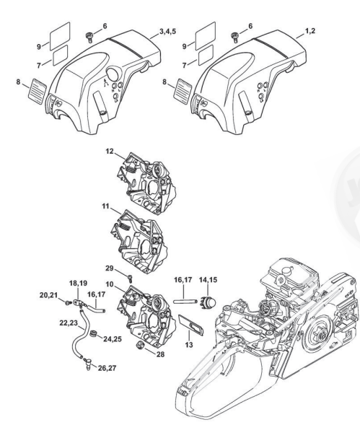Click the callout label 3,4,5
pyautogui.click(x=168, y=32)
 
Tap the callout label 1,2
pyautogui.click(x=310, y=31)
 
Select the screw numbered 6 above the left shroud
pyautogui.click(x=89, y=37)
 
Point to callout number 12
pyautogui.click(x=110, y=152)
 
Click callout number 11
pyautogui.click(x=106, y=206)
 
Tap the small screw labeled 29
pyautogui.click(x=131, y=278)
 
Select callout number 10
pyautogui.click(x=110, y=284)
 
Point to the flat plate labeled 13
pyautogui.click(x=191, y=325)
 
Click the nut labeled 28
pyautogui.click(x=140, y=346)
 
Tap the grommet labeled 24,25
pyautogui.click(x=94, y=333)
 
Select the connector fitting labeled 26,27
pyautogui.click(x=88, y=363)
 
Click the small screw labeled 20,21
pyautogui.click(x=67, y=302)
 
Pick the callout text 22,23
pyautogui.click(x=69, y=323)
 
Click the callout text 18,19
pyautogui.click(x=78, y=284)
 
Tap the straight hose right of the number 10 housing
pyautogui.click(x=185, y=301)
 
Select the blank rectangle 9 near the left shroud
pyautogui.click(x=60, y=36)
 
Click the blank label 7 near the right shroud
pyautogui.click(x=206, y=55)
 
